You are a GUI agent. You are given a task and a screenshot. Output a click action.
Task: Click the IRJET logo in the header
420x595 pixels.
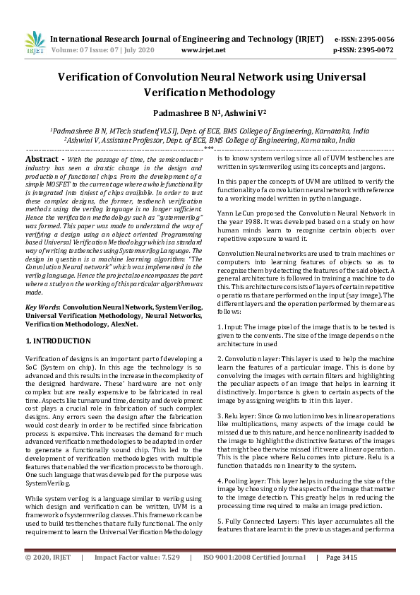pos(34,44)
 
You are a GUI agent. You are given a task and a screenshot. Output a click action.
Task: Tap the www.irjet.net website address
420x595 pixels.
pos(203,51)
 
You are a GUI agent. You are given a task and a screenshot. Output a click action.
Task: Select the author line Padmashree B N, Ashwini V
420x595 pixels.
pos(210,112)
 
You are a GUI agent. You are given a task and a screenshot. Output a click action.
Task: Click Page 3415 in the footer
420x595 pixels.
pos(342,578)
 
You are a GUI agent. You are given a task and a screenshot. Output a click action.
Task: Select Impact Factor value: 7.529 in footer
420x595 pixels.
pos(137,578)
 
